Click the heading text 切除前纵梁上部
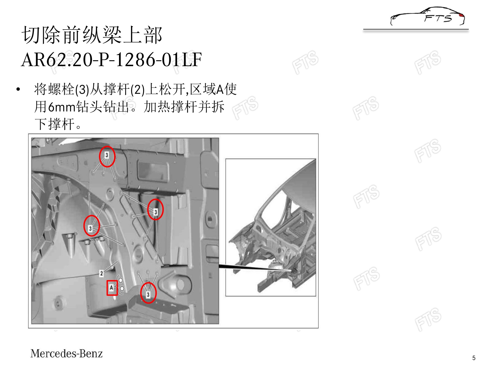pyautogui.click(x=92, y=35)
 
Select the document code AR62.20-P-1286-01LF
pyautogui.click(x=111, y=60)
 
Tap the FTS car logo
pyautogui.click(x=427, y=16)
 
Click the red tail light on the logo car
pyautogui.click(x=461, y=15)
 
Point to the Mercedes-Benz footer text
pyautogui.click(x=66, y=354)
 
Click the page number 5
pyautogui.click(x=474, y=358)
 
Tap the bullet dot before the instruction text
pyautogui.click(x=18, y=89)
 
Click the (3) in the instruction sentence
pyautogui.click(x=82, y=89)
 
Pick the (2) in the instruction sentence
pyautogui.click(x=138, y=89)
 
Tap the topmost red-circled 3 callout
pyautogui.click(x=107, y=156)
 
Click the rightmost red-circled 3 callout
pyautogui.click(x=155, y=209)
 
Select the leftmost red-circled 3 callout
pyautogui.click(x=92, y=226)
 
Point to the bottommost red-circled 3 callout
pyautogui.click(x=148, y=293)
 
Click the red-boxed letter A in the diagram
pyautogui.click(x=112, y=288)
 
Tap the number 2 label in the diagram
pyautogui.click(x=101, y=273)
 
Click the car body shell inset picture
pyautogui.click(x=271, y=227)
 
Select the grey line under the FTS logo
pyautogui.click(x=416, y=30)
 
